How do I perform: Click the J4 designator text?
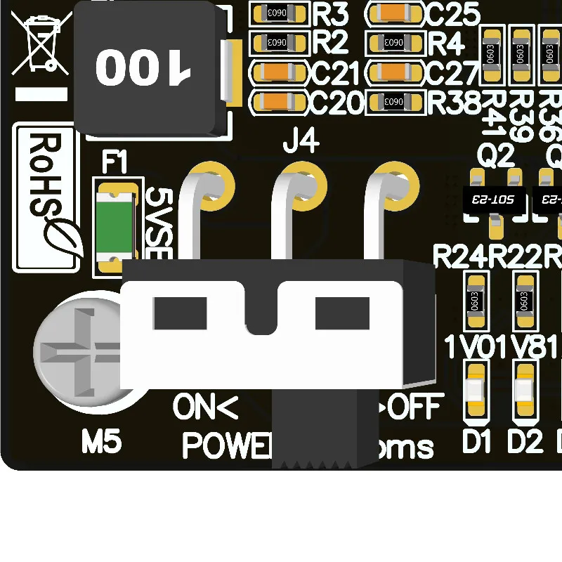tap(301, 143)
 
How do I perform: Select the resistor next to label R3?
tap(280, 13)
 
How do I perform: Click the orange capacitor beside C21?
tap(280, 72)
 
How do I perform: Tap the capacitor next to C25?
tap(395, 13)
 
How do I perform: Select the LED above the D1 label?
tap(476, 390)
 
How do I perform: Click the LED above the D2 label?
tap(523, 390)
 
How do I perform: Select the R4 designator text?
tap(446, 44)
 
